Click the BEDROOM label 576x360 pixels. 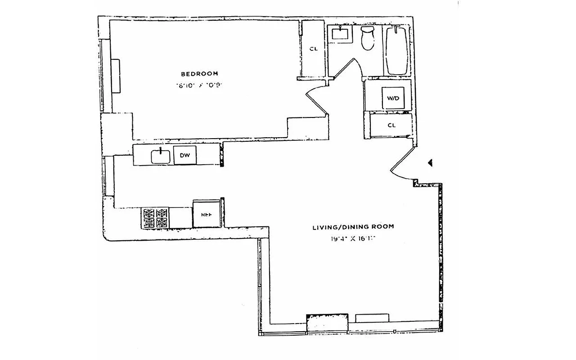pos(199,73)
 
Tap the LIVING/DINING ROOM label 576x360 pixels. pos(353,227)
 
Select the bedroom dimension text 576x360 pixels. pos(199,85)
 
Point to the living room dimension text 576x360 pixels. pos(353,239)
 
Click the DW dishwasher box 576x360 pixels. pos(185,156)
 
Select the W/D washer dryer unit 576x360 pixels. pos(390,98)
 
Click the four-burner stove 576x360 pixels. pos(155,218)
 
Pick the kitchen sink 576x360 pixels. pos(160,156)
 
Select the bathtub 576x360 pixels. pos(396,50)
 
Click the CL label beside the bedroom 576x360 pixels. pos(313,49)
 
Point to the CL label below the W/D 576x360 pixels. pos(391,125)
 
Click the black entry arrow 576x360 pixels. pos(430,163)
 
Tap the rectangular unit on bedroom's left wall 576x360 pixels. pos(116,76)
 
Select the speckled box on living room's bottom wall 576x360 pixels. pos(327,323)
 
